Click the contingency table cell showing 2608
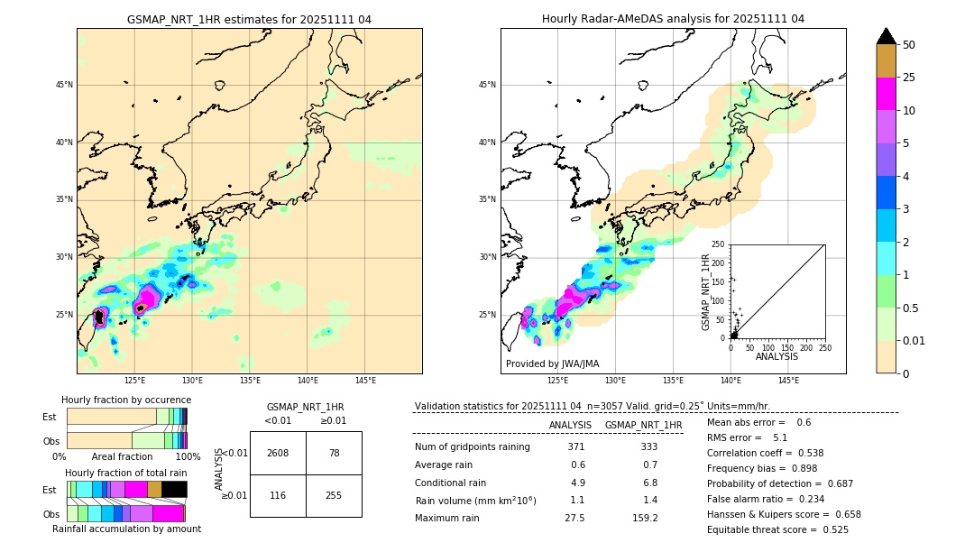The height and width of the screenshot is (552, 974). coord(278,453)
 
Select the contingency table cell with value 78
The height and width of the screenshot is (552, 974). coord(334,453)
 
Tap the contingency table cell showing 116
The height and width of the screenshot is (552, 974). coord(278,496)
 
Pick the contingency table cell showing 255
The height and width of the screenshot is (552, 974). coord(334,496)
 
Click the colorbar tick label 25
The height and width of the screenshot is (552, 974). coord(909,78)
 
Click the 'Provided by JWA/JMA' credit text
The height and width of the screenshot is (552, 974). coord(552,364)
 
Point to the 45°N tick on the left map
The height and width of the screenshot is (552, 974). coord(64,85)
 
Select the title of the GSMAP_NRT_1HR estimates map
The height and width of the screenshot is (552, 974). coord(249,19)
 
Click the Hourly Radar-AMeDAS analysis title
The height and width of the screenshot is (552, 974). coord(673,19)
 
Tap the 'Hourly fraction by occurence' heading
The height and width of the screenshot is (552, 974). coord(126,400)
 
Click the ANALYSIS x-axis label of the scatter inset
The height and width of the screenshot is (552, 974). coord(776,356)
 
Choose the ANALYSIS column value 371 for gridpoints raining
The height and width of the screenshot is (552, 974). coord(575,447)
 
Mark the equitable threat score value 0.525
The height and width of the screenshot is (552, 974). coord(831,529)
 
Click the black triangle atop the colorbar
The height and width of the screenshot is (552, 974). coord(887,36)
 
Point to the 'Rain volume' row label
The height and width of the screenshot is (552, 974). coord(475,501)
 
